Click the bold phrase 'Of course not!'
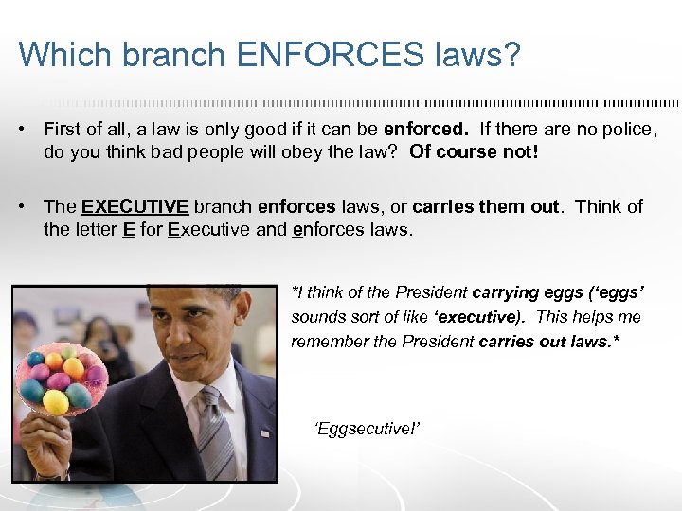pyautogui.click(x=474, y=151)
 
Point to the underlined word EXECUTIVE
pyautogui.click(x=135, y=206)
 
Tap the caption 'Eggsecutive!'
pyautogui.click(x=367, y=429)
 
